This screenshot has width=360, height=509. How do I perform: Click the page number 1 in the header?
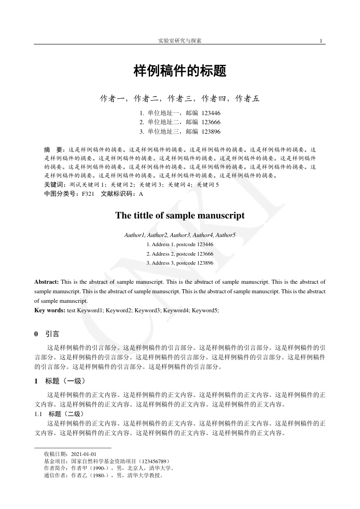(321, 41)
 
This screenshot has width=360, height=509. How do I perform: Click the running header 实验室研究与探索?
(180, 41)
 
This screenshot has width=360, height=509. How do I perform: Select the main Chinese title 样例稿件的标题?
(180, 71)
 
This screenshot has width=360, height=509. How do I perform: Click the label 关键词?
(54, 185)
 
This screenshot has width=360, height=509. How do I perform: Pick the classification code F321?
(88, 194)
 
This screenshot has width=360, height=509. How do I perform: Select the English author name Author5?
(225, 235)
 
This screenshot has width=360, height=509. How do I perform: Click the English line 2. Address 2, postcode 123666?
(180, 254)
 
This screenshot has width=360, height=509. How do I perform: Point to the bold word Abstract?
(46, 282)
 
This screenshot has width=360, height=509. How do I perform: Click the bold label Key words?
(50, 310)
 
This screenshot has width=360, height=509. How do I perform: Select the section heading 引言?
(52, 334)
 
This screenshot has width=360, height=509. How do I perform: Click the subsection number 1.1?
(39, 414)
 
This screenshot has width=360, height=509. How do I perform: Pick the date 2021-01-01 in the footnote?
(84, 454)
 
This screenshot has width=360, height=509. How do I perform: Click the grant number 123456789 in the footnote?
(154, 461)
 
